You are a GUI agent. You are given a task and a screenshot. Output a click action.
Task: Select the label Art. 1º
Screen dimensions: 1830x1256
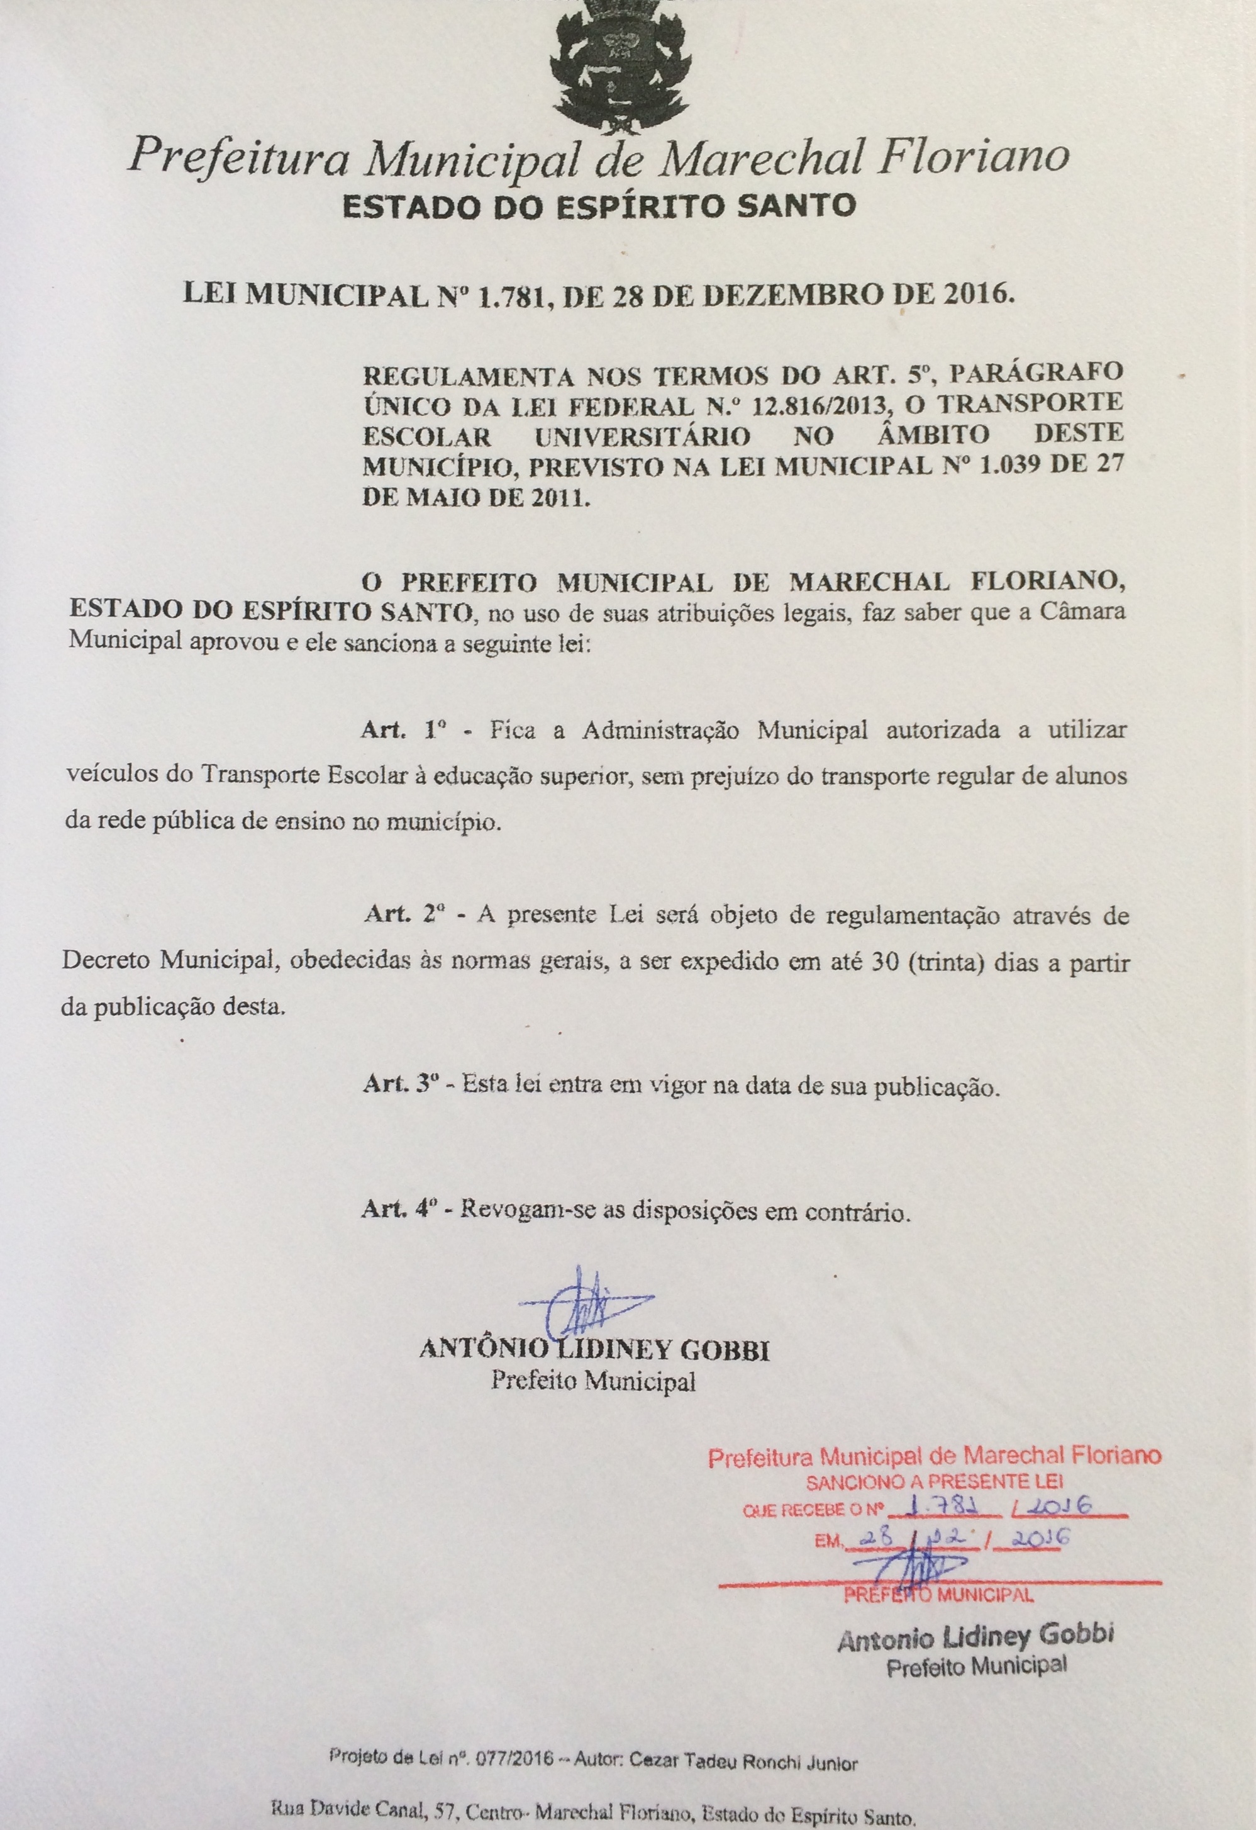[x=404, y=729]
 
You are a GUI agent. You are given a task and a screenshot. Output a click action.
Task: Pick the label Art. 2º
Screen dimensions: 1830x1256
[x=405, y=916]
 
